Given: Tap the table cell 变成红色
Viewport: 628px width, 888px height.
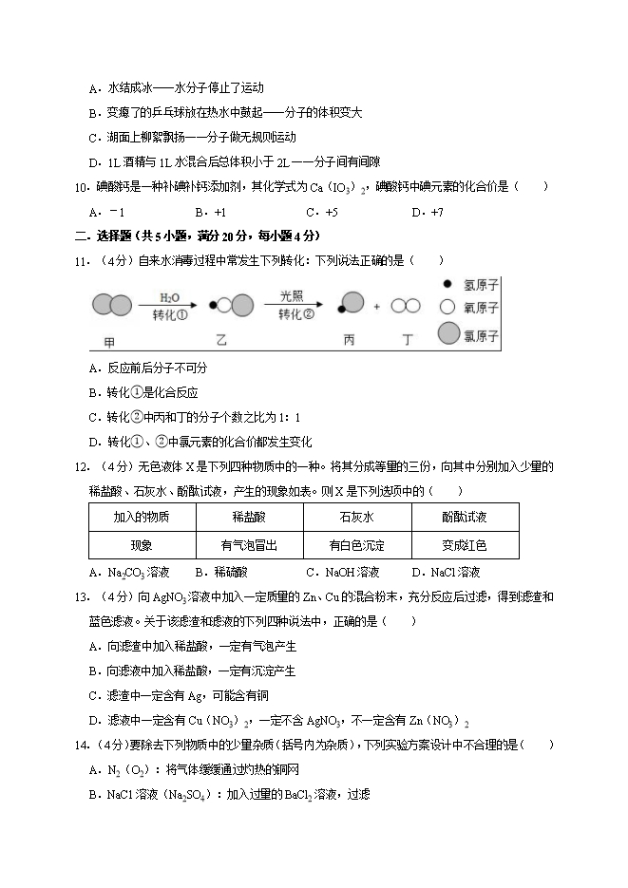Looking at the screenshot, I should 465,545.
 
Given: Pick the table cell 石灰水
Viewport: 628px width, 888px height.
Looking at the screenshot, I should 356,517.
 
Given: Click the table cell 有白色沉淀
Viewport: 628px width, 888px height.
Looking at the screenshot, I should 356,545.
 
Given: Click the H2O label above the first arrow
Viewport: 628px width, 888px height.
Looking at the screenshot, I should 170,296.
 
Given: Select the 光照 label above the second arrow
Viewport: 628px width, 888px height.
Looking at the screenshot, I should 294,296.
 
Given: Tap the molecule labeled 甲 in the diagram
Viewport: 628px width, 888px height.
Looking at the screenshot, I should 113,306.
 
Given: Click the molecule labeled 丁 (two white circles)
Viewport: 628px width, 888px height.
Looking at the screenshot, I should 407,306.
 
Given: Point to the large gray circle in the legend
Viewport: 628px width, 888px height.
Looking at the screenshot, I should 448,333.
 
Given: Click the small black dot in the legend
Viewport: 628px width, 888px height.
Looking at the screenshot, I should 447,284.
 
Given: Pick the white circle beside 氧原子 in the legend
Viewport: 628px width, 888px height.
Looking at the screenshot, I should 447,307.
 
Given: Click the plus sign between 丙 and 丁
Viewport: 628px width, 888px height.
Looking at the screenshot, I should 376,307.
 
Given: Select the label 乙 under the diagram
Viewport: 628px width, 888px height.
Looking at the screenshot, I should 220,339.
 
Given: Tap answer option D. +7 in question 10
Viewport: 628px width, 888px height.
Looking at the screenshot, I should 428,212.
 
